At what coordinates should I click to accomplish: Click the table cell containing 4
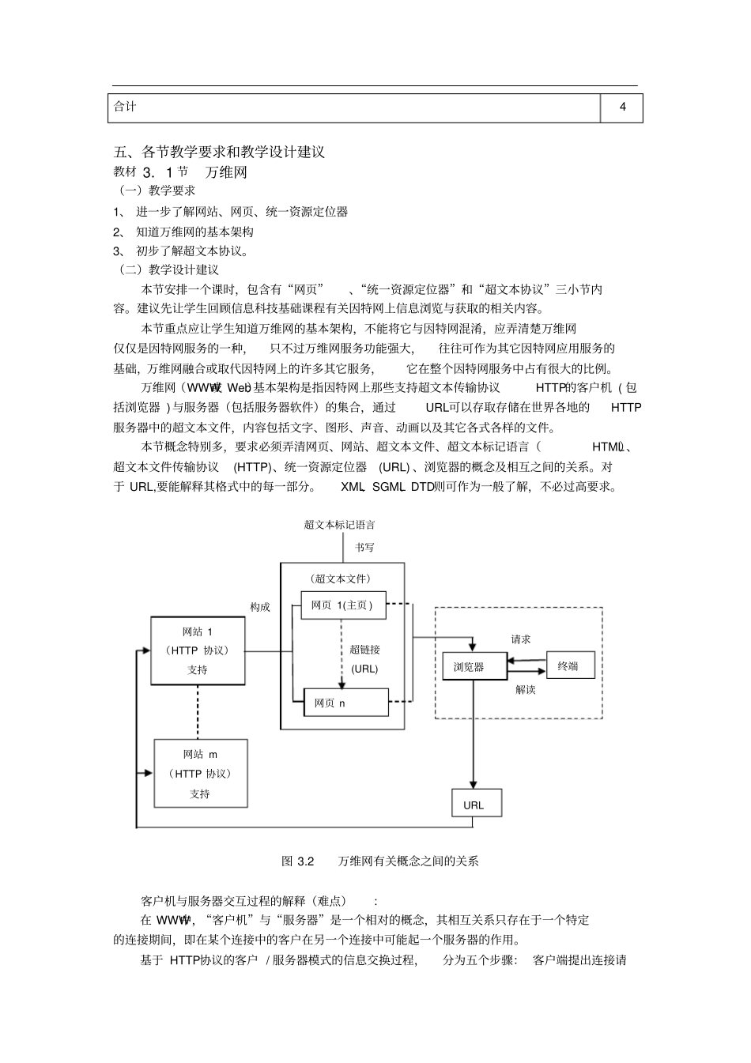click(622, 107)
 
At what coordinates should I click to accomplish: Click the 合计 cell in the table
click(354, 107)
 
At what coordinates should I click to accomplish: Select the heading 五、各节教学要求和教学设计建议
click(219, 153)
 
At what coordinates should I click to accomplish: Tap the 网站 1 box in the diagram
click(197, 650)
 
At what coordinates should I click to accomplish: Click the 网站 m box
click(200, 774)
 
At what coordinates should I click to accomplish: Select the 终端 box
click(568, 666)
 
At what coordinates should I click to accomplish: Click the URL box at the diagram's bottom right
click(474, 805)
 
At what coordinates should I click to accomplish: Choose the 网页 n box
click(346, 703)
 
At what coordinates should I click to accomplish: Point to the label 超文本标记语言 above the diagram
click(340, 524)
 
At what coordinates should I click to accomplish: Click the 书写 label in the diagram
click(364, 547)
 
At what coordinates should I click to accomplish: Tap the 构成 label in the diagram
click(260, 607)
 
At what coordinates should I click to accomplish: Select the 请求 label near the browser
click(521, 639)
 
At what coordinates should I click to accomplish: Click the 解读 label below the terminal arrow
click(526, 690)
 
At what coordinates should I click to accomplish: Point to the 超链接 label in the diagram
click(365, 650)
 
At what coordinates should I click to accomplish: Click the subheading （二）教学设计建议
click(168, 270)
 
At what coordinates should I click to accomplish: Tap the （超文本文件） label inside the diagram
click(341, 579)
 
